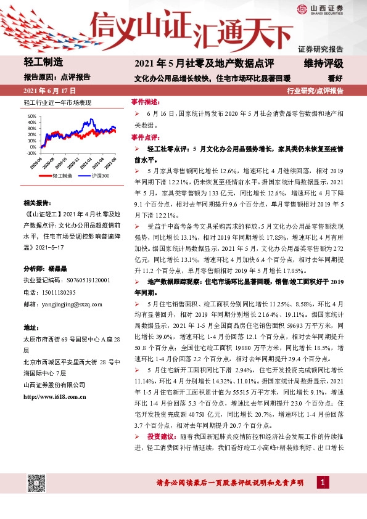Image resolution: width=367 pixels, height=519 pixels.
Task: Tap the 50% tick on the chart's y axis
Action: pos(31,115)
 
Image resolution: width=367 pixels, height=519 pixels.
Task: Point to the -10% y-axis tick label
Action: pos(31,153)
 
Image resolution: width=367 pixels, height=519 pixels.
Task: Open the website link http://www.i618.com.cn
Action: pos(57,396)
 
